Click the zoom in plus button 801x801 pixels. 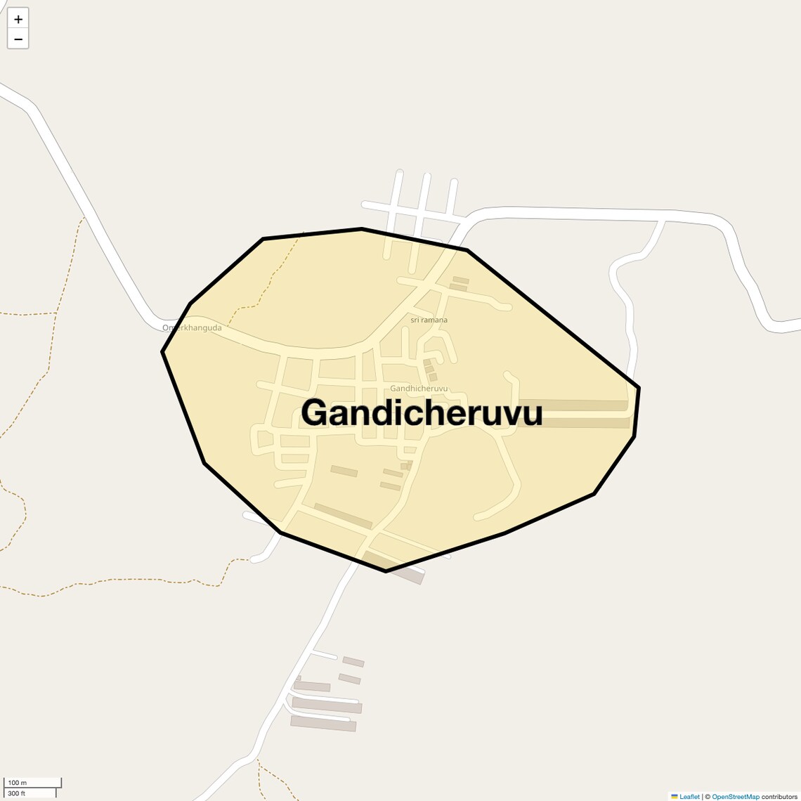[x=18, y=19]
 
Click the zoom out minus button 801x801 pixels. [x=18, y=39]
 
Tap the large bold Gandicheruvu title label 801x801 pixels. [x=422, y=413]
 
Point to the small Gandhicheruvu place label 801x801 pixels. [x=419, y=389]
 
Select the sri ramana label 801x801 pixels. [x=429, y=320]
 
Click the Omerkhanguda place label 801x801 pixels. [x=192, y=328]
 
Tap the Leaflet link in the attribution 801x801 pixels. [x=689, y=797]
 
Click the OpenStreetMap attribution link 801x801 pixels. [x=736, y=797]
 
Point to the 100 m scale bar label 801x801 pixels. [x=18, y=783]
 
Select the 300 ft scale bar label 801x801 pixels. [x=17, y=793]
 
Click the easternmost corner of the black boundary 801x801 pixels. [x=639, y=387]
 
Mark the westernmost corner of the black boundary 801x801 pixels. [x=162, y=351]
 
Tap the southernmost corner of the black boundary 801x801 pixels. [x=386, y=571]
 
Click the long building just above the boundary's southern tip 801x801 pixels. [x=342, y=516]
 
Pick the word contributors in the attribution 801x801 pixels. [x=779, y=797]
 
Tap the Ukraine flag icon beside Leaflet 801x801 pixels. [x=675, y=797]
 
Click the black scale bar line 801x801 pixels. [x=33, y=788]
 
